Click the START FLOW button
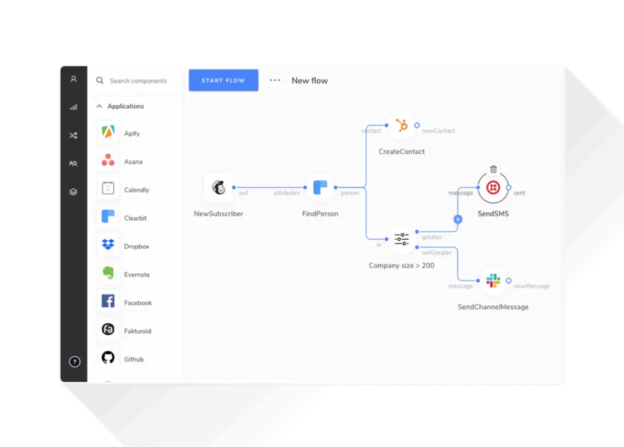pyautogui.click(x=223, y=80)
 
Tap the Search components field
pyautogui.click(x=138, y=81)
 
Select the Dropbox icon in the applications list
pyautogui.click(x=108, y=245)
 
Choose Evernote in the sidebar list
pyautogui.click(x=136, y=274)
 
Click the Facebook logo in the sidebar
pyautogui.click(x=108, y=301)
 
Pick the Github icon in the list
pyautogui.click(x=108, y=358)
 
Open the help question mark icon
pyautogui.click(x=74, y=362)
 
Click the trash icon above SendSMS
pyautogui.click(x=494, y=170)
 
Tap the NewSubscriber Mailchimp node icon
pyautogui.click(x=219, y=187)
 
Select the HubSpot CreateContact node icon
pyautogui.click(x=402, y=125)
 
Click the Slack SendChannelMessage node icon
pyautogui.click(x=493, y=281)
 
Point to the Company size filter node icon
pyautogui.click(x=402, y=239)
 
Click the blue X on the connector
pyautogui.click(x=458, y=219)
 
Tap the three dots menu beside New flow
pyautogui.click(x=275, y=80)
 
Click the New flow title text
pyautogui.click(x=310, y=81)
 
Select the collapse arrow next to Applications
pyautogui.click(x=99, y=106)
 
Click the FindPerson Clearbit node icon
pyautogui.click(x=320, y=187)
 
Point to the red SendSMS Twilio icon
pyautogui.click(x=493, y=187)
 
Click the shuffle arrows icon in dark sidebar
pyautogui.click(x=73, y=135)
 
